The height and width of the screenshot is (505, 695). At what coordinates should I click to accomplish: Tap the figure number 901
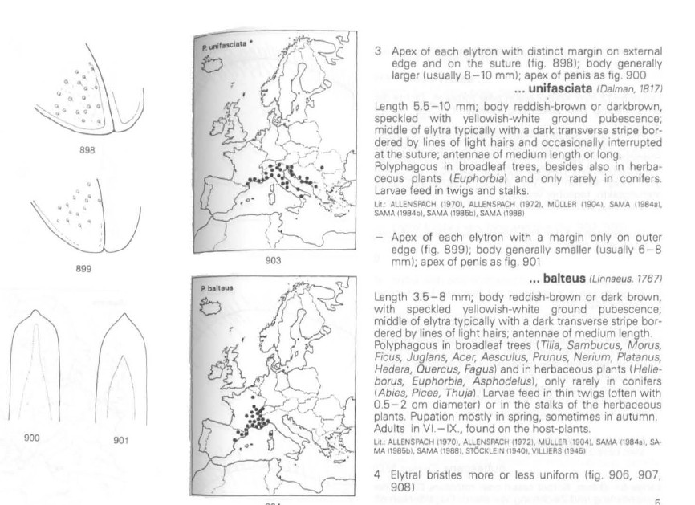coord(120,440)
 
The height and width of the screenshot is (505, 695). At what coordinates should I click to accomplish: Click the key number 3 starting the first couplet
coord(379,51)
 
